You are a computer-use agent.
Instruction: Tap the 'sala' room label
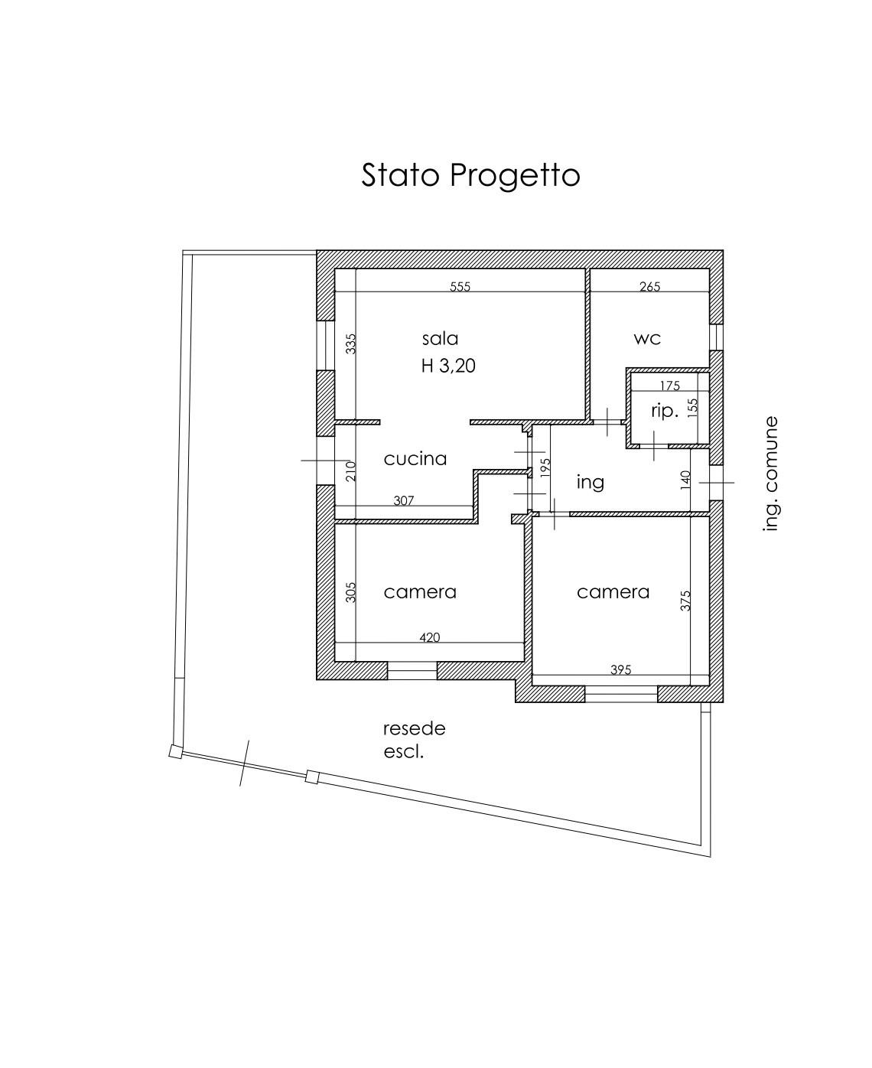440,338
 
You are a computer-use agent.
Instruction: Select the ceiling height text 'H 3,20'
448,366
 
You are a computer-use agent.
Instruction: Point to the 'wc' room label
647,338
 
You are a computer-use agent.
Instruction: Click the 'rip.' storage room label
665,411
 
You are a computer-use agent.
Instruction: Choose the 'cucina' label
415,459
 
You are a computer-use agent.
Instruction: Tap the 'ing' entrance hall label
591,481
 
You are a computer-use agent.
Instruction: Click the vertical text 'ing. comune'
770,474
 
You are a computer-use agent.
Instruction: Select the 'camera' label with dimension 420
420,592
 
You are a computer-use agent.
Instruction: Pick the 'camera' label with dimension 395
613,592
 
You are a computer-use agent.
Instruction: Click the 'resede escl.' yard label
415,741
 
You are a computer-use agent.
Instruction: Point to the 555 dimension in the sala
460,287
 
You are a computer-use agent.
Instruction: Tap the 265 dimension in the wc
649,287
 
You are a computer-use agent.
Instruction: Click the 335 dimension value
351,344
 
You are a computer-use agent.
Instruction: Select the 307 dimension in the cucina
404,501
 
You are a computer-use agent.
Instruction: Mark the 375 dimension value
685,600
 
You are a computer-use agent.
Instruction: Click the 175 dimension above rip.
669,386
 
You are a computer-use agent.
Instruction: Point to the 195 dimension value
545,468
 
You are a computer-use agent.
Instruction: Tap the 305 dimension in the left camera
350,592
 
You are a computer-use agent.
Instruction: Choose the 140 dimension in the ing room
685,480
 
